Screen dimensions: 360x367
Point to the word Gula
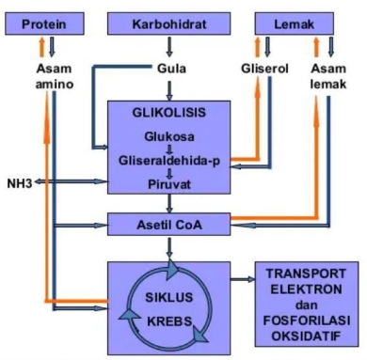168,68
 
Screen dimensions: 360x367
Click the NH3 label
20,180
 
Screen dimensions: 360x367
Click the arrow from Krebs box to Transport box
241,281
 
